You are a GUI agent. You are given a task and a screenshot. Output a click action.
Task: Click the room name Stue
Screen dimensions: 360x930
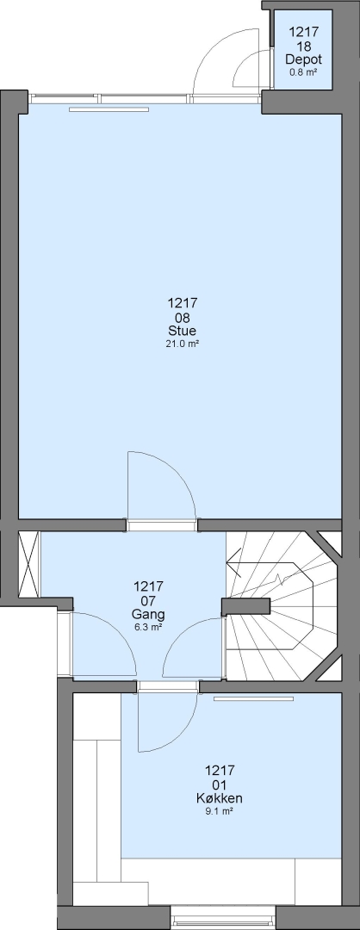click(182, 331)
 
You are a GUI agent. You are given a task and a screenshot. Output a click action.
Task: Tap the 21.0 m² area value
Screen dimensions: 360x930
click(182, 344)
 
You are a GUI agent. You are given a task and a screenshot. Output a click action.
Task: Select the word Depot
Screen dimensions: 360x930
click(304, 59)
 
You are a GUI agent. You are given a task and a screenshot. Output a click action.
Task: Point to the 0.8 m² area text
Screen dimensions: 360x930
click(304, 71)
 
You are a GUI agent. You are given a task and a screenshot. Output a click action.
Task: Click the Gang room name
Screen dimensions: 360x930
click(148, 614)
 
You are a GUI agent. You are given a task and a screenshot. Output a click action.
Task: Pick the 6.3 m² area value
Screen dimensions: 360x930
click(148, 627)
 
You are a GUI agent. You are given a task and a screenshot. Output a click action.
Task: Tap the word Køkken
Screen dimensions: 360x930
click(220, 798)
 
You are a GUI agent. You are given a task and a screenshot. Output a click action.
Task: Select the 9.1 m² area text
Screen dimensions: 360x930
click(220, 811)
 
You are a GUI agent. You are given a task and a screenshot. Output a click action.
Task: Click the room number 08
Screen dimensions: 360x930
click(182, 317)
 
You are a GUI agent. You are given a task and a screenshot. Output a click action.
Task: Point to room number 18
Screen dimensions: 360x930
click(304, 46)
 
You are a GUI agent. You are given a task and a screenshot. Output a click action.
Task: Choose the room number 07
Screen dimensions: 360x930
click(148, 600)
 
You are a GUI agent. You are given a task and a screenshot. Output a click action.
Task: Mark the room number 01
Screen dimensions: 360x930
click(220, 784)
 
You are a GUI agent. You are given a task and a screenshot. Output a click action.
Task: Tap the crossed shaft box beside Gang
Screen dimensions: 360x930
click(28, 564)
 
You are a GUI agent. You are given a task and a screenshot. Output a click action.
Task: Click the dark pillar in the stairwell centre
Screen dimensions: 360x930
click(245, 606)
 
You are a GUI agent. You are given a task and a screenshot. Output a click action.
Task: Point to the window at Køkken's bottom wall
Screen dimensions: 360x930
click(223, 918)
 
